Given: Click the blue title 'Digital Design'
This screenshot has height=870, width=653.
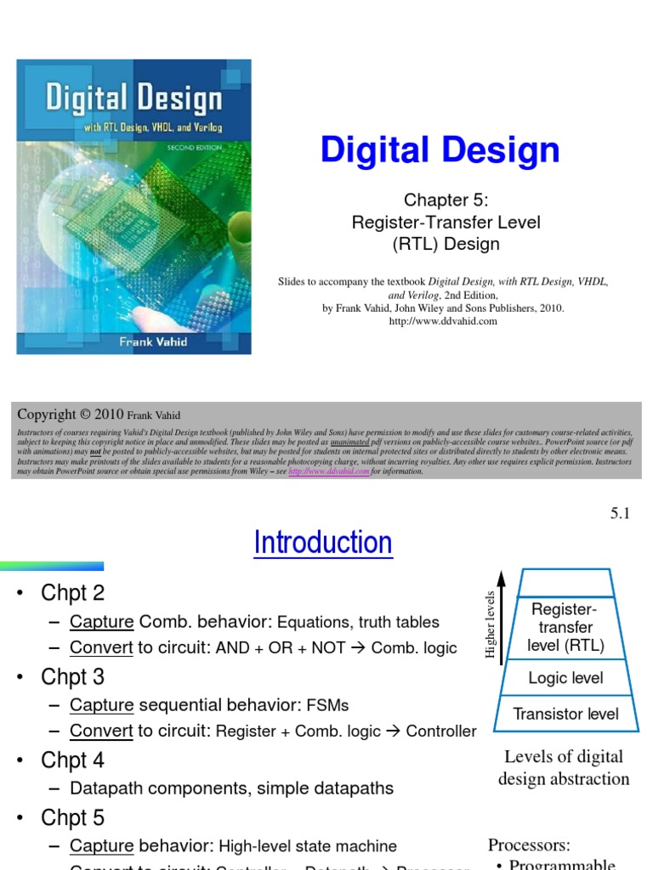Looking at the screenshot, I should click(x=440, y=150).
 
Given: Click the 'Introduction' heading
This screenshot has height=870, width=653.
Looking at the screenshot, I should click(x=323, y=542).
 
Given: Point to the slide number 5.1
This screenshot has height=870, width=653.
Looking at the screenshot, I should click(x=620, y=513).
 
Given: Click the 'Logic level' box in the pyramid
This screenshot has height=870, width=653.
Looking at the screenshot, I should click(x=565, y=678).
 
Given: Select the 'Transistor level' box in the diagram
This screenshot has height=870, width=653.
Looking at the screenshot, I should click(x=565, y=715).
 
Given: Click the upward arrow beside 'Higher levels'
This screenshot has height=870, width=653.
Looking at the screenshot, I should click(x=502, y=612).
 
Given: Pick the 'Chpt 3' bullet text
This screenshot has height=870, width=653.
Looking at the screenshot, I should click(x=73, y=677).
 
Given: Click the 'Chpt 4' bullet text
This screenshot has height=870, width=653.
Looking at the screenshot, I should click(x=73, y=760).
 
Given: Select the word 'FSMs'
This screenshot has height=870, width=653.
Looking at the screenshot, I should click(x=327, y=706).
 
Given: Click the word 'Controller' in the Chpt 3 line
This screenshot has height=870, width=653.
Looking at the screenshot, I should click(x=440, y=732).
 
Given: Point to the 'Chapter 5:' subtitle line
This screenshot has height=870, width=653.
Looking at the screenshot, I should click(x=446, y=201).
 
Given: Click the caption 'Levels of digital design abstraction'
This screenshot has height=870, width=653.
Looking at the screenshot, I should click(x=564, y=768).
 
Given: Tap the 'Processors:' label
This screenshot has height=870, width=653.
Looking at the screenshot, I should click(x=529, y=845).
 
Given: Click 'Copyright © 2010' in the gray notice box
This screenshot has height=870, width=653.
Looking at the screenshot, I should click(x=71, y=415).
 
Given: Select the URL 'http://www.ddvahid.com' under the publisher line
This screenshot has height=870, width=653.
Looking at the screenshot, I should click(x=442, y=321).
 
